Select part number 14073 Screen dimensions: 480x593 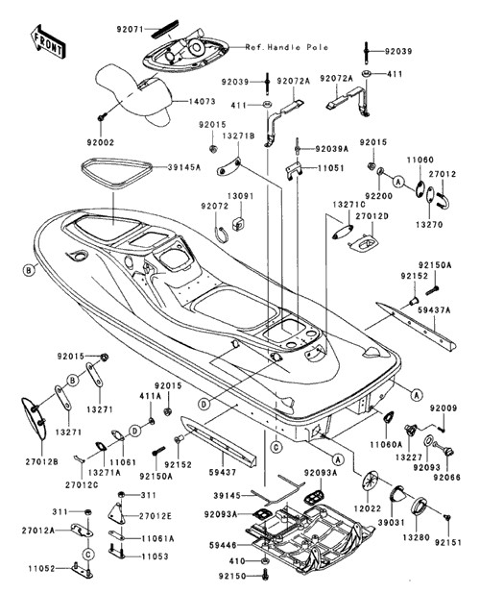coord(202,101)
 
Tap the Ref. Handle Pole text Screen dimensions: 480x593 coord(287,48)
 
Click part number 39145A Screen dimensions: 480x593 coord(184,167)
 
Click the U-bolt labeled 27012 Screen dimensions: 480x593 coord(443,201)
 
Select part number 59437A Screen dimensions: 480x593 coord(434,310)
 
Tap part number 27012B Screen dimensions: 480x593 coord(42,461)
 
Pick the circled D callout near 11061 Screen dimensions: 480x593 coord(135,431)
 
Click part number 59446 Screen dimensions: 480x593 coord(223,545)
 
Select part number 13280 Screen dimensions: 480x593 coord(416,537)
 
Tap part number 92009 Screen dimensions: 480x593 coord(444,408)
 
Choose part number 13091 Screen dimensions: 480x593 coord(241,196)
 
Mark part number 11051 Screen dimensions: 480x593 coord(330,168)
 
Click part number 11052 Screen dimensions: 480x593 coord(42,568)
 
